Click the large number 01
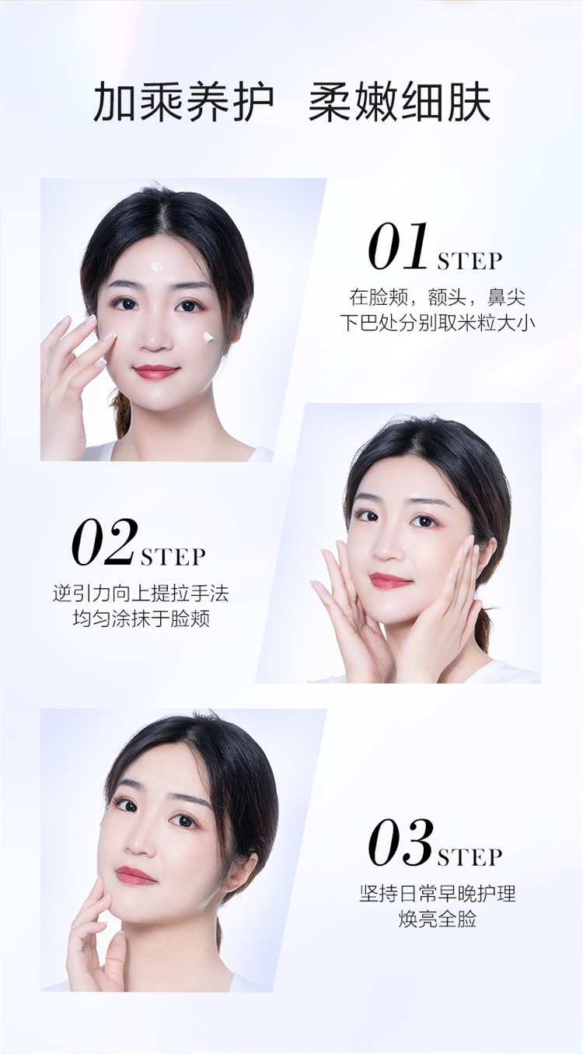coord(399,247)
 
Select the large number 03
coord(400,842)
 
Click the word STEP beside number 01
coord(470,261)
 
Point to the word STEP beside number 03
coord(470,857)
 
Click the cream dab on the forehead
coord(156,266)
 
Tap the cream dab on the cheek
coord(208,338)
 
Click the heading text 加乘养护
coord(183,102)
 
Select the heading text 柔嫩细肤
coord(400,102)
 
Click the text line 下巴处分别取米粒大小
coord(438,324)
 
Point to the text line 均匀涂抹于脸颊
coord(141,618)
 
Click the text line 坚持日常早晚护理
coord(438,894)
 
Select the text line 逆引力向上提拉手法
coord(141,594)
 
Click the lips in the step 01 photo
coord(155,372)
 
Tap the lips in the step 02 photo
coord(390,580)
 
